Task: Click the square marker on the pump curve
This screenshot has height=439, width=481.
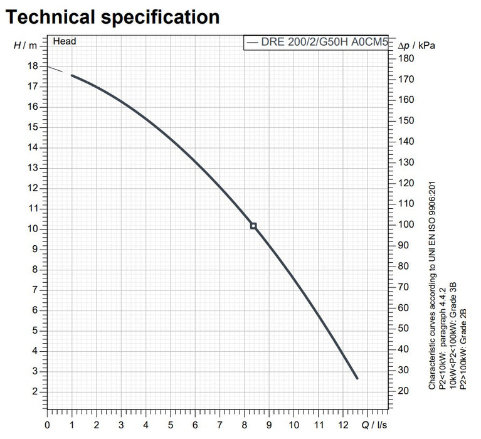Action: pyautogui.click(x=253, y=226)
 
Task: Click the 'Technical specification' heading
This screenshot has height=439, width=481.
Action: pyautogui.click(x=112, y=17)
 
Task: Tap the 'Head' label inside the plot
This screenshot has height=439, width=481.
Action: pyautogui.click(x=65, y=41)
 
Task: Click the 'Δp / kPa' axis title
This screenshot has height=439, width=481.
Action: pyautogui.click(x=416, y=46)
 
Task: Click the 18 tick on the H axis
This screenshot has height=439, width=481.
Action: pyautogui.click(x=33, y=66)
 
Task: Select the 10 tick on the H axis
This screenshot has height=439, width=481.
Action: pyautogui.click(x=33, y=229)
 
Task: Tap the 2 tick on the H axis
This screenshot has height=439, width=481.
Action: pyautogui.click(x=35, y=391)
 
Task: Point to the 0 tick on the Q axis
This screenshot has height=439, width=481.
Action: pyautogui.click(x=47, y=425)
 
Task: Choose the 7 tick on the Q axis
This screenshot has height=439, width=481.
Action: pyautogui.click(x=219, y=425)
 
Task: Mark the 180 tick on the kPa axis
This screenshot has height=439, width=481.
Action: pyautogui.click(x=407, y=58)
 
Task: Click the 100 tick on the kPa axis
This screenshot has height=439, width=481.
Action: pyautogui.click(x=407, y=225)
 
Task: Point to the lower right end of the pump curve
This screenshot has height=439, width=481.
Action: pyautogui.click(x=357, y=378)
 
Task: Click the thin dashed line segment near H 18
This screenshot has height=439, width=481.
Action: pyautogui.click(x=55, y=69)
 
